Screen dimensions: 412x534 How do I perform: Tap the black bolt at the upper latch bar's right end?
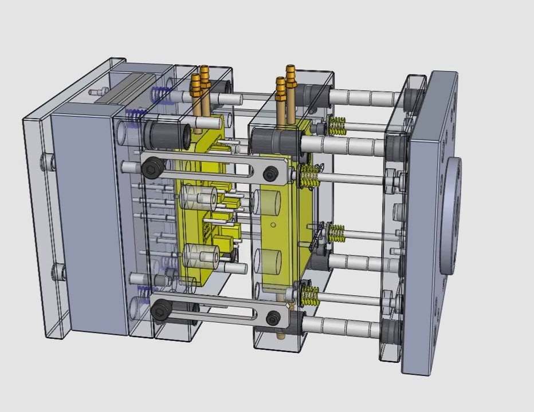[x=283, y=172]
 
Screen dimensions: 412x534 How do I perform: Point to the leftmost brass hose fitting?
[x=196, y=86]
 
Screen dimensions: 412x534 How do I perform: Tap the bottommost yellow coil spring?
[x=309, y=295]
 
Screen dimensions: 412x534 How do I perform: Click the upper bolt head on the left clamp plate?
[x=46, y=163]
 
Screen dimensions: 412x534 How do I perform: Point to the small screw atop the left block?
[x=99, y=92]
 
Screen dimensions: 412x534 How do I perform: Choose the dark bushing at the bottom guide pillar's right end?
[x=390, y=332]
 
